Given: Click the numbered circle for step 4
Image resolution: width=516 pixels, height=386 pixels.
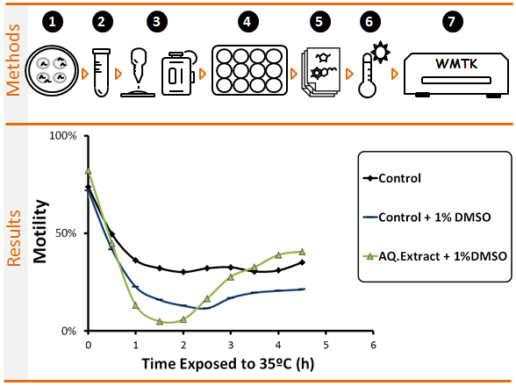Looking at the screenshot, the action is pyautogui.click(x=247, y=22).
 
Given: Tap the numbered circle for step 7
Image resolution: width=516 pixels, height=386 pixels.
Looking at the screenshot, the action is pyautogui.click(x=453, y=22).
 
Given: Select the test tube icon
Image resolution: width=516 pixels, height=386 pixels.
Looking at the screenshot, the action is pyautogui.click(x=102, y=73).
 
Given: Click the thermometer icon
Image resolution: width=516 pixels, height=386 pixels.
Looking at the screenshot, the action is pyautogui.click(x=367, y=75).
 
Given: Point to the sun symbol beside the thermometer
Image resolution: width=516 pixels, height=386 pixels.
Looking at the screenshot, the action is pyautogui.click(x=381, y=52).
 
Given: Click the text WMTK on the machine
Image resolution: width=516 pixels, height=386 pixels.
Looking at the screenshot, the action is pyautogui.click(x=456, y=64).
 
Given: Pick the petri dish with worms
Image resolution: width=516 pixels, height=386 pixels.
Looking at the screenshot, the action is pyautogui.click(x=52, y=70).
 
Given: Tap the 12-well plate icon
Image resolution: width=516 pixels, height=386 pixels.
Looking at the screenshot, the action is pyautogui.click(x=249, y=70).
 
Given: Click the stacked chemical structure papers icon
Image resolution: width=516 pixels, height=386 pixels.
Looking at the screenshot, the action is pyautogui.click(x=320, y=72).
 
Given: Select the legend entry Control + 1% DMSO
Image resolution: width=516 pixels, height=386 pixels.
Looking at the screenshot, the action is pyautogui.click(x=426, y=218).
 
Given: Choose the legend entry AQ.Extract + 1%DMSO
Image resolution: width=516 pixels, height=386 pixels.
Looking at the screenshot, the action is pyautogui.click(x=434, y=256).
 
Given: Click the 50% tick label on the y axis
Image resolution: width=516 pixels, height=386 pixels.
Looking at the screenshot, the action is pyautogui.click(x=66, y=233).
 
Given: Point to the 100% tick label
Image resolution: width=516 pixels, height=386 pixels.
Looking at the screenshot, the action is pyautogui.click(x=63, y=136).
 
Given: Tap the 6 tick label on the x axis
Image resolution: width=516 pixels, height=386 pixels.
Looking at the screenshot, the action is pyautogui.click(x=373, y=345).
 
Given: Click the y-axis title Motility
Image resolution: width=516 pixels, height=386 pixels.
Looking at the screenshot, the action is pyautogui.click(x=40, y=232).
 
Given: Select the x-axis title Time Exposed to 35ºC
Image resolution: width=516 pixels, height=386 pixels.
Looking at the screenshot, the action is pyautogui.click(x=217, y=364).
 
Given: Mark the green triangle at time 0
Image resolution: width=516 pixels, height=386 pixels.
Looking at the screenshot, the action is pyautogui.click(x=88, y=171).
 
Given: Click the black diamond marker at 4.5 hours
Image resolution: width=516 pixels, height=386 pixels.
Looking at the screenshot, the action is pyautogui.click(x=302, y=262).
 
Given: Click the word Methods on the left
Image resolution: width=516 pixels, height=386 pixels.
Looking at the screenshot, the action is pyautogui.click(x=13, y=60).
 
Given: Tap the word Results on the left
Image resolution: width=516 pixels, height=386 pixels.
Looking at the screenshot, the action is pyautogui.click(x=14, y=238).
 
